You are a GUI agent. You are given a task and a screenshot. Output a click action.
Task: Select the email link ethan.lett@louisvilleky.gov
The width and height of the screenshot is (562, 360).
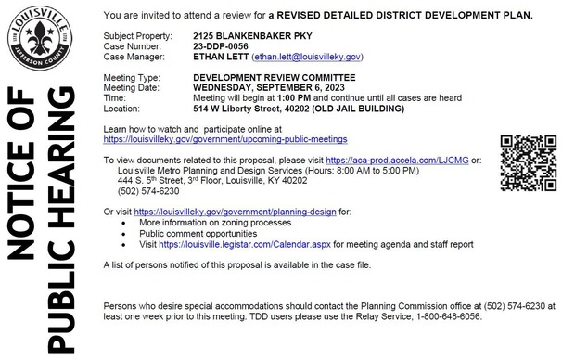[x=307, y=56]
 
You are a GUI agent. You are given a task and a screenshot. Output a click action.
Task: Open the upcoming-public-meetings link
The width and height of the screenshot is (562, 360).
[x=225, y=138]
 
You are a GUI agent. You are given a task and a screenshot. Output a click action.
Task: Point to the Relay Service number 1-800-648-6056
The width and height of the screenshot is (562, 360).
[x=453, y=315]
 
